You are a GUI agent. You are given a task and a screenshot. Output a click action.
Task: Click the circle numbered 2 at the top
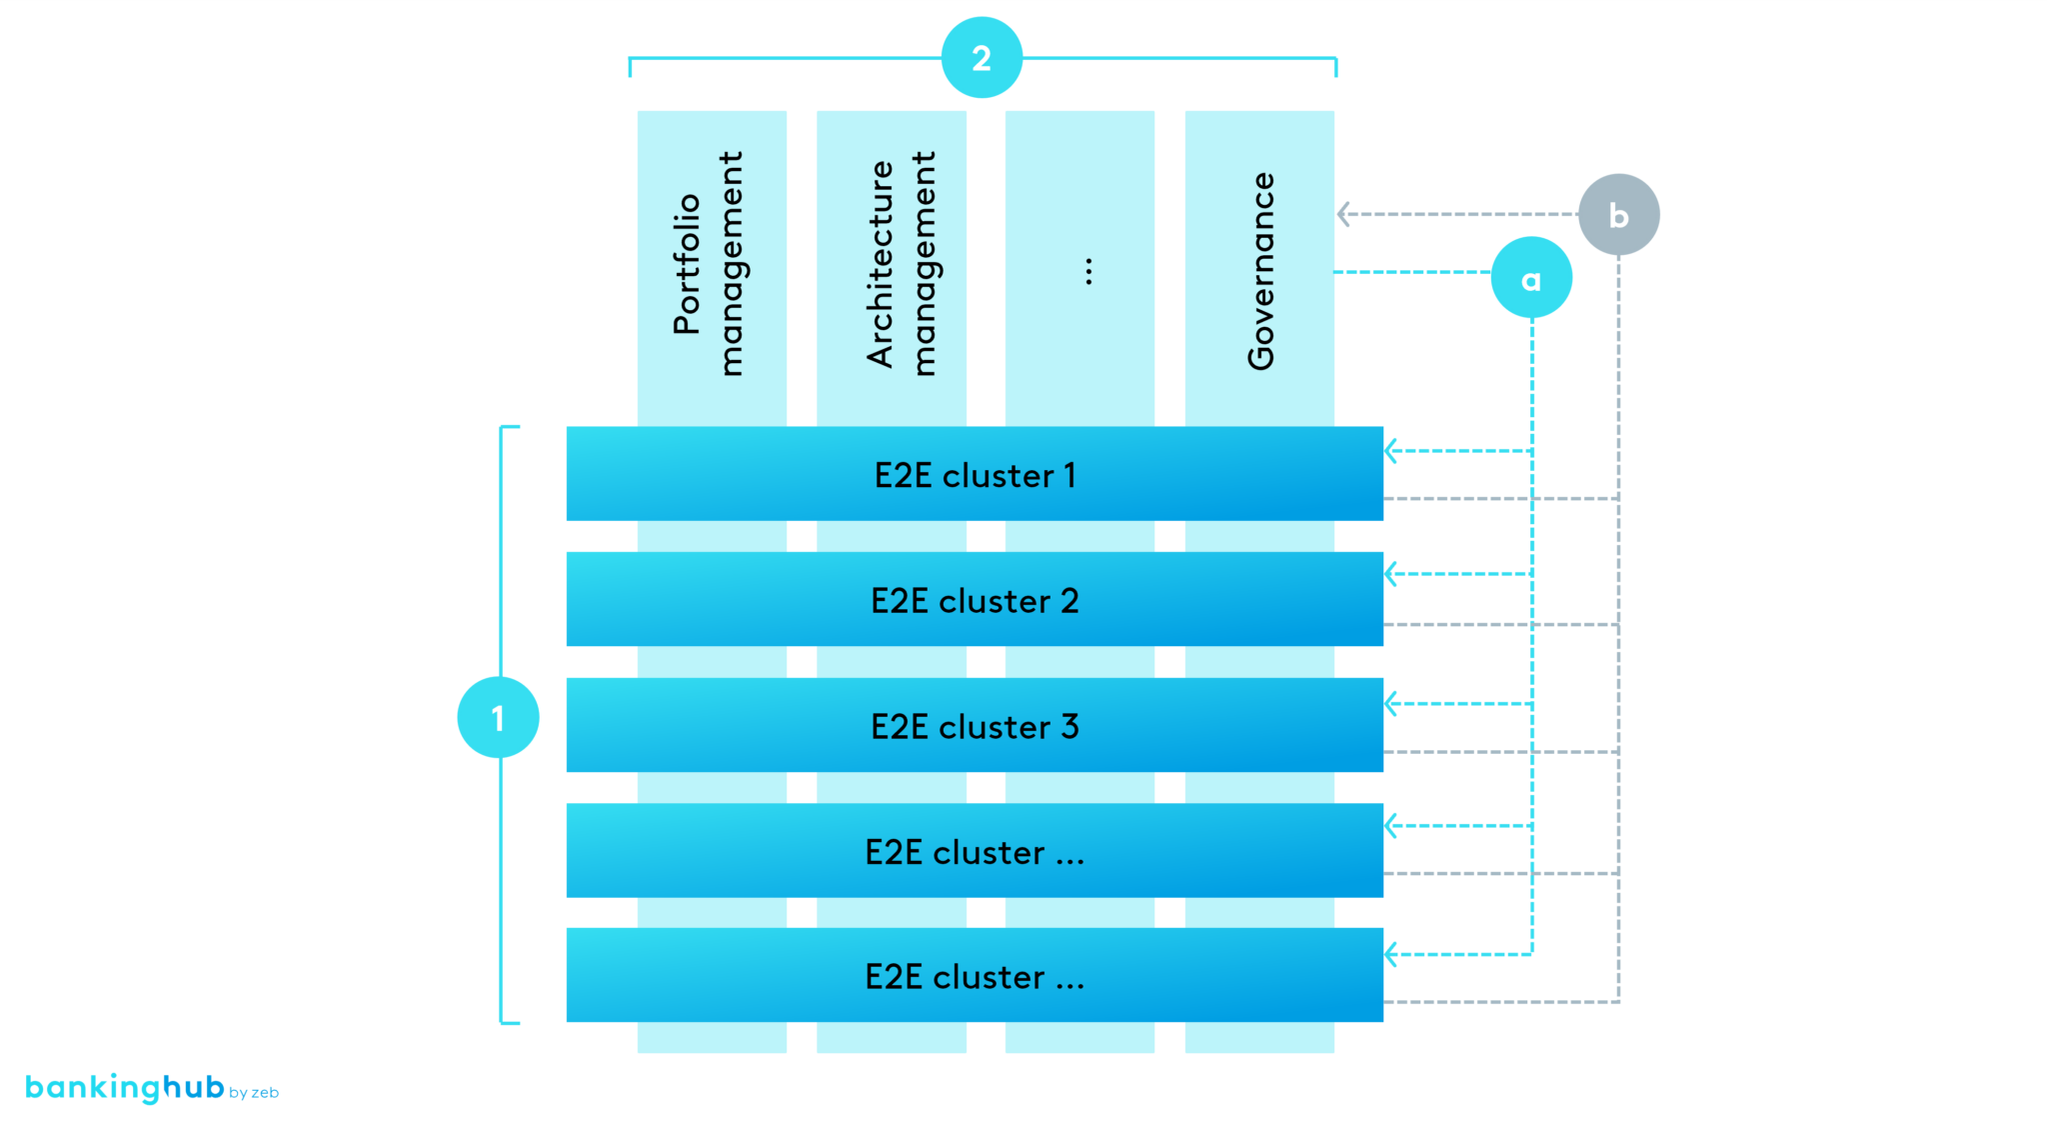982,58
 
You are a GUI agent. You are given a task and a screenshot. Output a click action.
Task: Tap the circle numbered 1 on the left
498,717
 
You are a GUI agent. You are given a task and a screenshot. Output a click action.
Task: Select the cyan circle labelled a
1530,279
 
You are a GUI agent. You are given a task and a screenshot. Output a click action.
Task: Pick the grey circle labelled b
1618,215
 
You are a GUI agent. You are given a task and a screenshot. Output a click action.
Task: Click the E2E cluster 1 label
975,475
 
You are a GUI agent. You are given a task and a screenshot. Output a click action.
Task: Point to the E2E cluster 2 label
975,601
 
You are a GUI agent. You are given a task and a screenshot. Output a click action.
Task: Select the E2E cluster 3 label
975,727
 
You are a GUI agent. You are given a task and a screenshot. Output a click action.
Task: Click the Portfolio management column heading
709,264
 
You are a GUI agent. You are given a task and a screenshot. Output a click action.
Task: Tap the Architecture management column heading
901,264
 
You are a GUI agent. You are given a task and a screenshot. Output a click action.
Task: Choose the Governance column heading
1261,271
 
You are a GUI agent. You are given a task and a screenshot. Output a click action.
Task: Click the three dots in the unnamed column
1088,271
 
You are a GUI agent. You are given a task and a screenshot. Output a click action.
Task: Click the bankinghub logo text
124,1087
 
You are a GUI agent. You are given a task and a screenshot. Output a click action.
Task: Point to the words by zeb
254,1093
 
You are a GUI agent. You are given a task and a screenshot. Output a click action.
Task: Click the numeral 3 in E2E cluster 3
1069,727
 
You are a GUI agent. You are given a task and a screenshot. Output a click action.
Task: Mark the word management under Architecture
925,264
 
